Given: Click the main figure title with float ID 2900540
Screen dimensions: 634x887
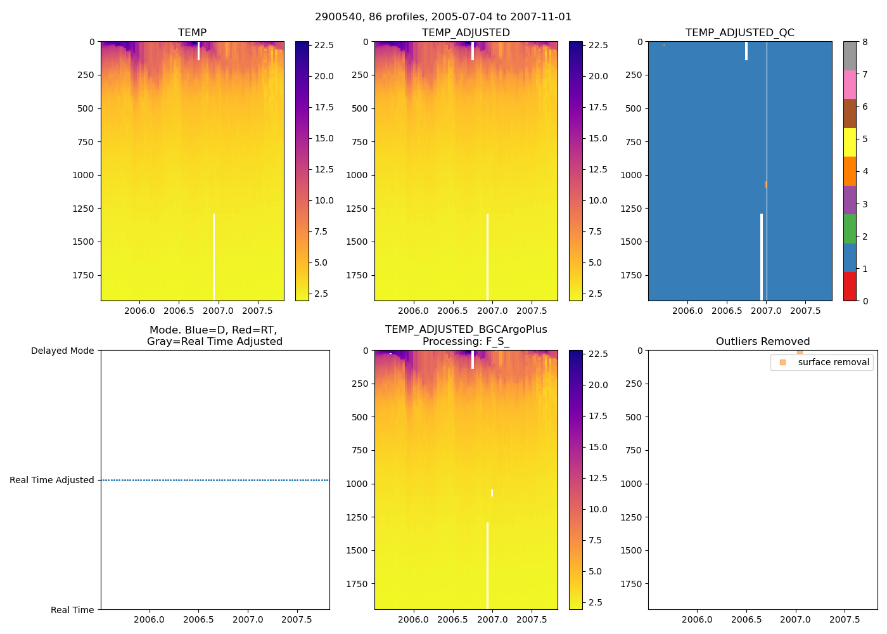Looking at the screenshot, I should tap(443, 17).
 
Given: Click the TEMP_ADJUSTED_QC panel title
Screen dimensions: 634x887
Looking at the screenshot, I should tap(739, 33).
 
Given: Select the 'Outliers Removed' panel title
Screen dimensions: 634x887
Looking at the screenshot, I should tap(762, 342).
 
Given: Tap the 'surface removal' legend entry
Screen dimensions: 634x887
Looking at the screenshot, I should tap(833, 363).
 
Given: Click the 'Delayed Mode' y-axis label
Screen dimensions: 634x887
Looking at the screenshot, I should tap(62, 351).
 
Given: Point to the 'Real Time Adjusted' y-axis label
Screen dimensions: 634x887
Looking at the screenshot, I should tap(52, 481).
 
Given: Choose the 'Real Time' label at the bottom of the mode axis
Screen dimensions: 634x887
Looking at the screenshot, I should tap(72, 610).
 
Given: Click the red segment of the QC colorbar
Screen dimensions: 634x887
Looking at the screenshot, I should tap(849, 287).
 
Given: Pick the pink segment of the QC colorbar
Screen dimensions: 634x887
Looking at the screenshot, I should tap(849, 84).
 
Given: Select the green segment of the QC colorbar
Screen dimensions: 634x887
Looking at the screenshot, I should tap(849, 229).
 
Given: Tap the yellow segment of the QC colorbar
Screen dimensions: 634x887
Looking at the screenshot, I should tap(849, 142).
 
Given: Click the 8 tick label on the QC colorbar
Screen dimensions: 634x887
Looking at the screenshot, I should tap(865, 42).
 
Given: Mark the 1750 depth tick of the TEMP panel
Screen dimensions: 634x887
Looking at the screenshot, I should tap(83, 275).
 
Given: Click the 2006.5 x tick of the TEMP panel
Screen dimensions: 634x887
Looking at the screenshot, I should tap(179, 311).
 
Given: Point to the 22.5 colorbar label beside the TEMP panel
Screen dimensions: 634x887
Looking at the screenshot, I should tap(324, 46).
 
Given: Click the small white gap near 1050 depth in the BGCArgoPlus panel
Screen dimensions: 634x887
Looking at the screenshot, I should tap(492, 493).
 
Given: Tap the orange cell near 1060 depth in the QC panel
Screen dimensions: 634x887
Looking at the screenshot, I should tap(765, 184).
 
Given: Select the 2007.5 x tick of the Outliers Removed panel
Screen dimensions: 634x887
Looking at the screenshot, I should tap(845, 619).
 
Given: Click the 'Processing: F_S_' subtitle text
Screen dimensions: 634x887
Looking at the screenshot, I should tap(466, 342).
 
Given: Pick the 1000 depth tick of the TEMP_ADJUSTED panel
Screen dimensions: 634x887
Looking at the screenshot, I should tap(357, 175).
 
